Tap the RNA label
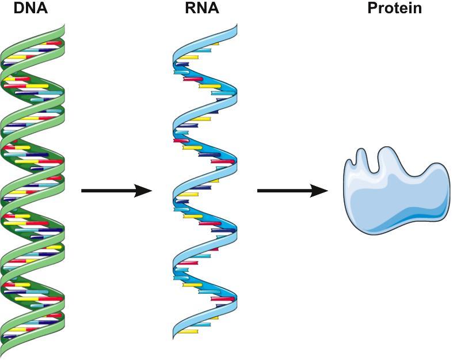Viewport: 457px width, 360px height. (x=201, y=9)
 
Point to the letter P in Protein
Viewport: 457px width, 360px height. (x=372, y=9)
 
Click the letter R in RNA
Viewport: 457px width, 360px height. (x=191, y=9)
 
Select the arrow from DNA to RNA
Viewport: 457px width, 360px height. (x=115, y=191)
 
